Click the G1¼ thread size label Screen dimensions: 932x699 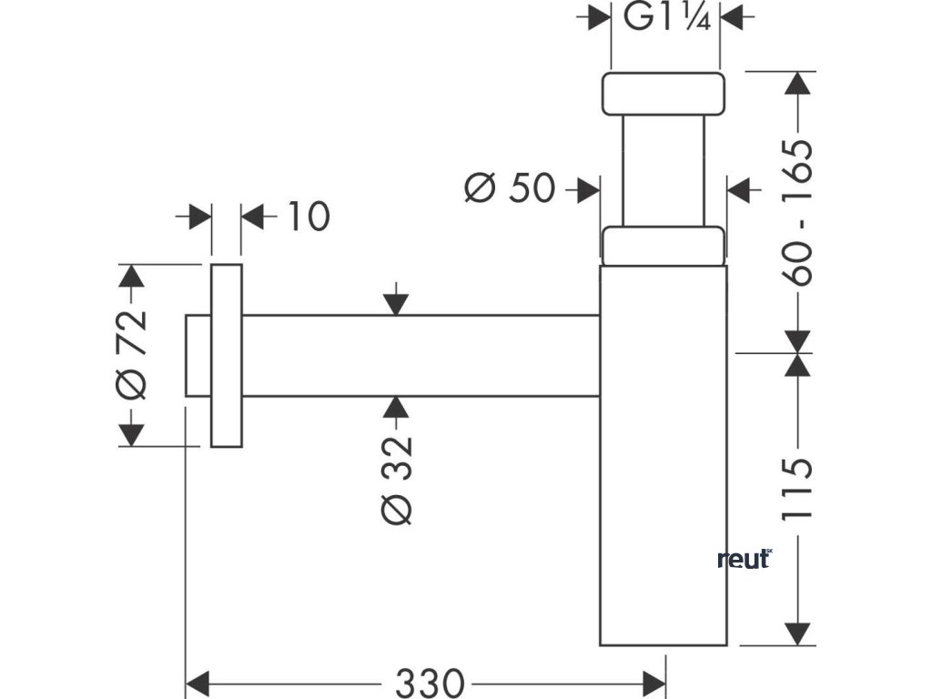[667, 18]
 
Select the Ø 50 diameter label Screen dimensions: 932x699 [510, 188]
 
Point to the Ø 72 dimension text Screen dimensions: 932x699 [131, 355]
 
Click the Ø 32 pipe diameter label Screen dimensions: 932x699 [397, 481]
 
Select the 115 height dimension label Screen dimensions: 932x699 [795, 490]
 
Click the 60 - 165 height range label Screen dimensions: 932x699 [796, 213]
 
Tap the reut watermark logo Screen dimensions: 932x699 [745, 559]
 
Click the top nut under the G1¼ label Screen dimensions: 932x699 [664, 94]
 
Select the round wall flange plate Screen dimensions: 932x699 [227, 356]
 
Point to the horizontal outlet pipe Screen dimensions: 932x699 [420, 356]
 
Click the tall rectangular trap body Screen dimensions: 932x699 [664, 455]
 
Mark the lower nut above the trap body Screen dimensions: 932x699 [664, 245]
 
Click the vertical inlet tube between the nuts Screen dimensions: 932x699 [664, 170]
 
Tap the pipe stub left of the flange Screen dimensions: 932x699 [198, 356]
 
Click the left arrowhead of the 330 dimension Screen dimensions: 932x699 [198, 682]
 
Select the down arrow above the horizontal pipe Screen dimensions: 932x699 [396, 304]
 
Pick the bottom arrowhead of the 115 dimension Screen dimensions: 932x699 [796, 633]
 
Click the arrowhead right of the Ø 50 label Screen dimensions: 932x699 [588, 190]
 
